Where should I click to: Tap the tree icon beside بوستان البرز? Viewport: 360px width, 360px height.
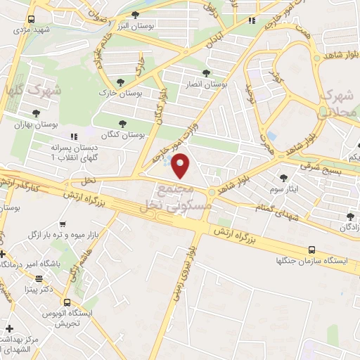135,15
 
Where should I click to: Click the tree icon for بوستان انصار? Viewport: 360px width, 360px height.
206,73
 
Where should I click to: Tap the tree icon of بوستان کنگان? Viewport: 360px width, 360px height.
123,124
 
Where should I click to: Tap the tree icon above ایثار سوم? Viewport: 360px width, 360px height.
283,178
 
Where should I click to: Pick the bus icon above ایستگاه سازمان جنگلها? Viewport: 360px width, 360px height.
312,250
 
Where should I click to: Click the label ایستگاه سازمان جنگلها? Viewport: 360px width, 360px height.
312,261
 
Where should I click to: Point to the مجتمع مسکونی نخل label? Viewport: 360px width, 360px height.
167,196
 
